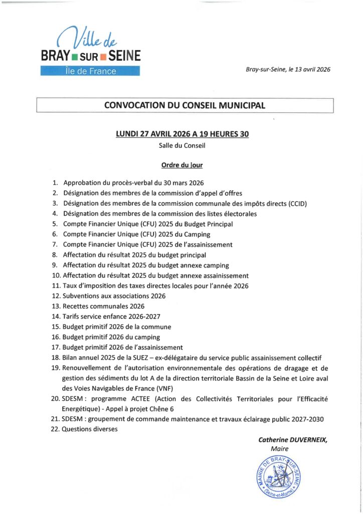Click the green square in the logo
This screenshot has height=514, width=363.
coord(74,55)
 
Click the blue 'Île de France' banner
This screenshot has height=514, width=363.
coord(90,71)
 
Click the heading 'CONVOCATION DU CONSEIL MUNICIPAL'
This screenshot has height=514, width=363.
coord(185,105)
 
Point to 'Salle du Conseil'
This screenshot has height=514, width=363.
coord(182,146)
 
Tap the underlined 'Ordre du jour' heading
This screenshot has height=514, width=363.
coord(181,165)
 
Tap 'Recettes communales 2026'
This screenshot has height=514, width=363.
coord(103,306)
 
